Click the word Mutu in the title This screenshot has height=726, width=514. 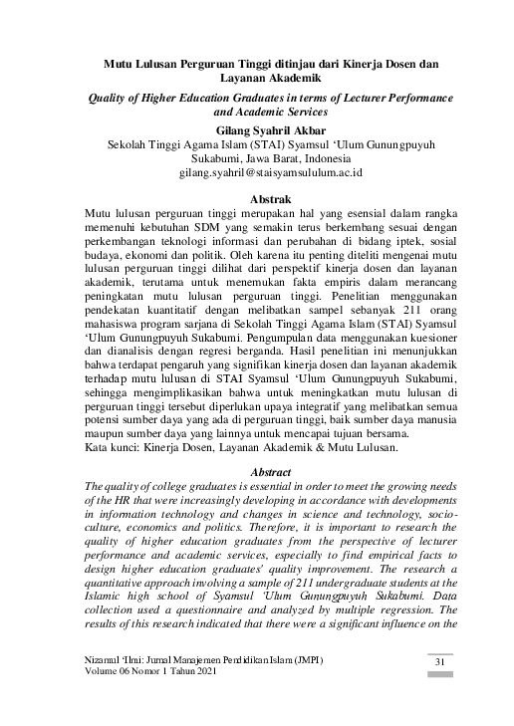click(x=123, y=64)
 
